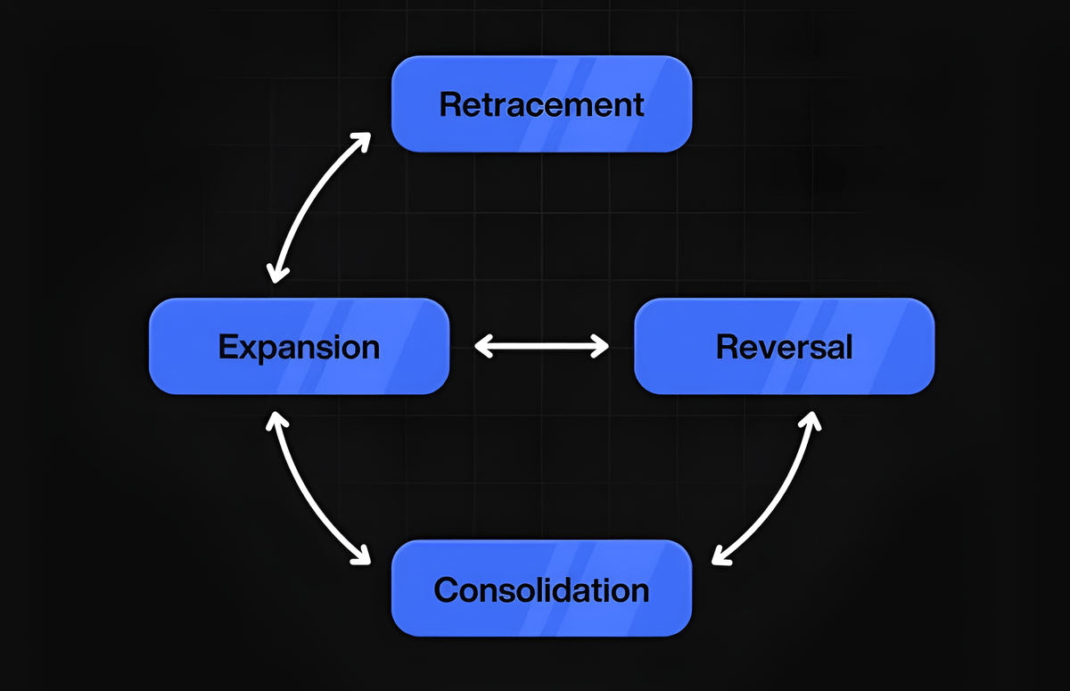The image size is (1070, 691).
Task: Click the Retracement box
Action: (541, 104)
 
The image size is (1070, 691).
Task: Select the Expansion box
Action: (299, 346)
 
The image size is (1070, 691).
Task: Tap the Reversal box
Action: (784, 346)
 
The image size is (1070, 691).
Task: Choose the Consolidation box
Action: (541, 588)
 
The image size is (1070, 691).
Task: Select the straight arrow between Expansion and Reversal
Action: (541, 346)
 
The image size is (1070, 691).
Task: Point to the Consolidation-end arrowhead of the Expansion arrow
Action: (363, 556)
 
